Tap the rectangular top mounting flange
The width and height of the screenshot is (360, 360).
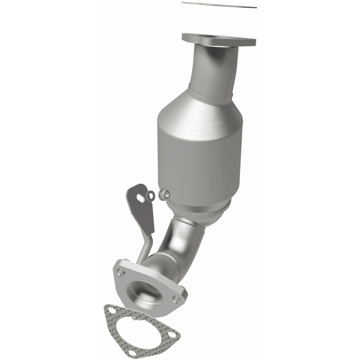tap(219, 40)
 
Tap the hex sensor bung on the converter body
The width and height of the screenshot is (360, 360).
tap(165, 194)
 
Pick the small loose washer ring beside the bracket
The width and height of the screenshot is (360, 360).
tap(152, 195)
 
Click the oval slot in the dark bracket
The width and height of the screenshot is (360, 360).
tap(141, 197)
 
